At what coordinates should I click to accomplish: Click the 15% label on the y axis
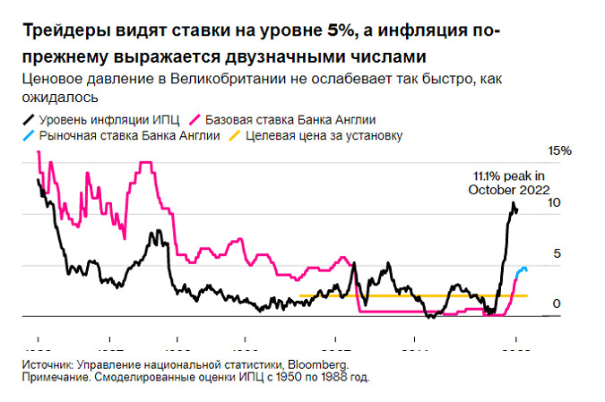560,151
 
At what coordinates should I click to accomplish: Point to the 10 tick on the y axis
555,203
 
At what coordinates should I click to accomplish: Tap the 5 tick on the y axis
556,254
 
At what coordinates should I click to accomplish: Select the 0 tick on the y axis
556,304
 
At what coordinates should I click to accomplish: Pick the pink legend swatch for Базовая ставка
195,119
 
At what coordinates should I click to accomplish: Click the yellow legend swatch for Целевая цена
237,136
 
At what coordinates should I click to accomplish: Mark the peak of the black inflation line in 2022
514,204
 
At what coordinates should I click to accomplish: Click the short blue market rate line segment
522,269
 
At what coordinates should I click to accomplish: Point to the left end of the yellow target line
300,295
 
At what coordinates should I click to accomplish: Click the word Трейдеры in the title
58,32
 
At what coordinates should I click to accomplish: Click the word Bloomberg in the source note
320,364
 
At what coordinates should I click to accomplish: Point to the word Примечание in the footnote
58,377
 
